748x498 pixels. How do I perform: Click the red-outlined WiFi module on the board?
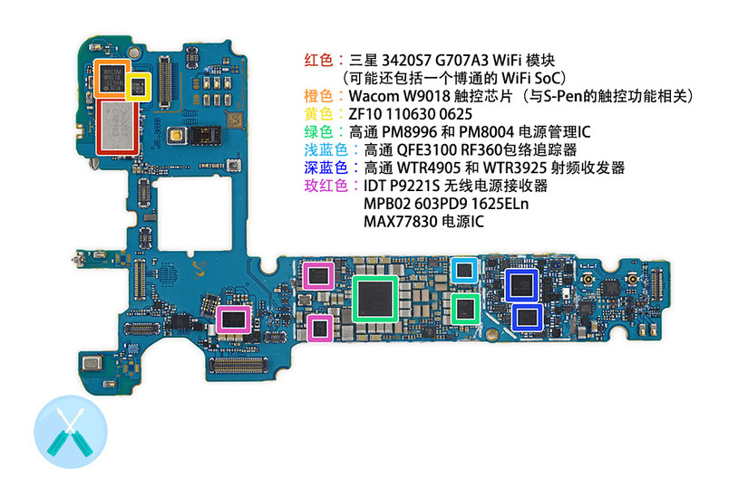117,128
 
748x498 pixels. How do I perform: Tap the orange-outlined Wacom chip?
112,78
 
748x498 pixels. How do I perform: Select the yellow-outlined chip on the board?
139,87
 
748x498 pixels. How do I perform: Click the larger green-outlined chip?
375,299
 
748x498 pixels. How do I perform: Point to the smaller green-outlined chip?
465,309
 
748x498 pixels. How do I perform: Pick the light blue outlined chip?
464,270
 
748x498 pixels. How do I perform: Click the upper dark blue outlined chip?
522,285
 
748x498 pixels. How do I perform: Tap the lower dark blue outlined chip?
527,318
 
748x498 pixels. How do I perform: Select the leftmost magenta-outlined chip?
233,320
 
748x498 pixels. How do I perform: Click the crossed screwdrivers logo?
71,432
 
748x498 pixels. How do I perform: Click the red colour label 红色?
318,60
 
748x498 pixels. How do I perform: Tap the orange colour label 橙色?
318,96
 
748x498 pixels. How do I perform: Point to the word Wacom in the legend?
374,96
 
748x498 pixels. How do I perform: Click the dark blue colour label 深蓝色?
326,168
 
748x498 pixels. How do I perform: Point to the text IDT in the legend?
374,186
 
